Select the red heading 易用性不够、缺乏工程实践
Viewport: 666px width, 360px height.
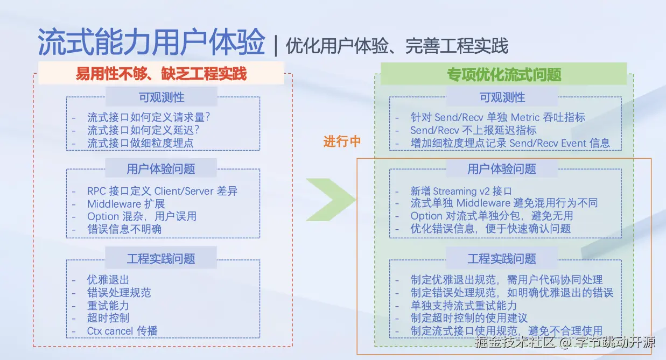tap(161, 73)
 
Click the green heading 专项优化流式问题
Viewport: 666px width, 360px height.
tap(503, 74)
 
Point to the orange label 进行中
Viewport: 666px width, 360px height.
tap(342, 142)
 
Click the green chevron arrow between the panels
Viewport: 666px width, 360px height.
tap(331, 200)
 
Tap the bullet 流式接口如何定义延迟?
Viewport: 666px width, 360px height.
tap(147, 130)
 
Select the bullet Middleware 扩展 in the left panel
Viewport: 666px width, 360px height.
tap(126, 204)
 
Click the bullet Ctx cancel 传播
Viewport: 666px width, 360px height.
tap(122, 330)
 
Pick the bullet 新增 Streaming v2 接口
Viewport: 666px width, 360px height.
tap(461, 191)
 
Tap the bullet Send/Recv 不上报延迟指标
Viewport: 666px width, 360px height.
tap(473, 130)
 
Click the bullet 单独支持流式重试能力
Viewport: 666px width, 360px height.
tap(464, 306)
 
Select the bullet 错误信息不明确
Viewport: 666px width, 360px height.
tap(124, 229)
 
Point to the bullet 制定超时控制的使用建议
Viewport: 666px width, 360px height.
tap(469, 318)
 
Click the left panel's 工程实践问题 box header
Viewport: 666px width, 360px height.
tap(161, 259)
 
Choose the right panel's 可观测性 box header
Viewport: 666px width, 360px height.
tap(502, 97)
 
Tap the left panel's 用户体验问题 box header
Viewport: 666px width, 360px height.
tap(161, 169)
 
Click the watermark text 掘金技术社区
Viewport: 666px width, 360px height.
tap(516, 342)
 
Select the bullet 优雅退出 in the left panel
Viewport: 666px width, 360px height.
tap(108, 280)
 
